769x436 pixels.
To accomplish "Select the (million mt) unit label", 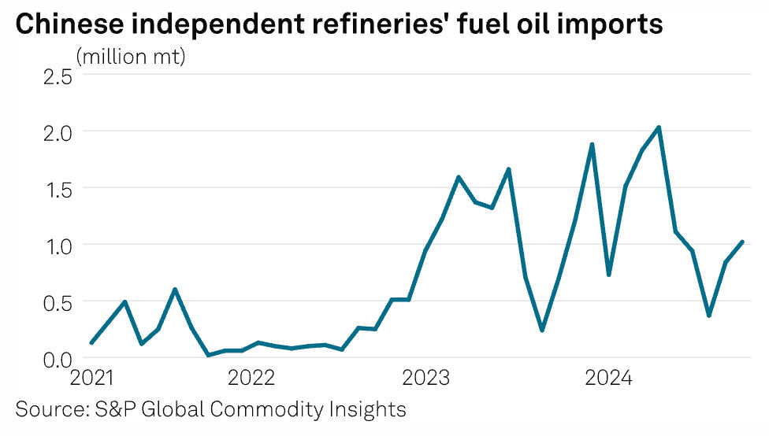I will coord(130,57).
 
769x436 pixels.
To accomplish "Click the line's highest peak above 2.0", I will coord(659,127).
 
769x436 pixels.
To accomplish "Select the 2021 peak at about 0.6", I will coord(175,290).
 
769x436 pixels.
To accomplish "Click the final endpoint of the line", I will coord(742,242).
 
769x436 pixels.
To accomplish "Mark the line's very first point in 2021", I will coord(92,342).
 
